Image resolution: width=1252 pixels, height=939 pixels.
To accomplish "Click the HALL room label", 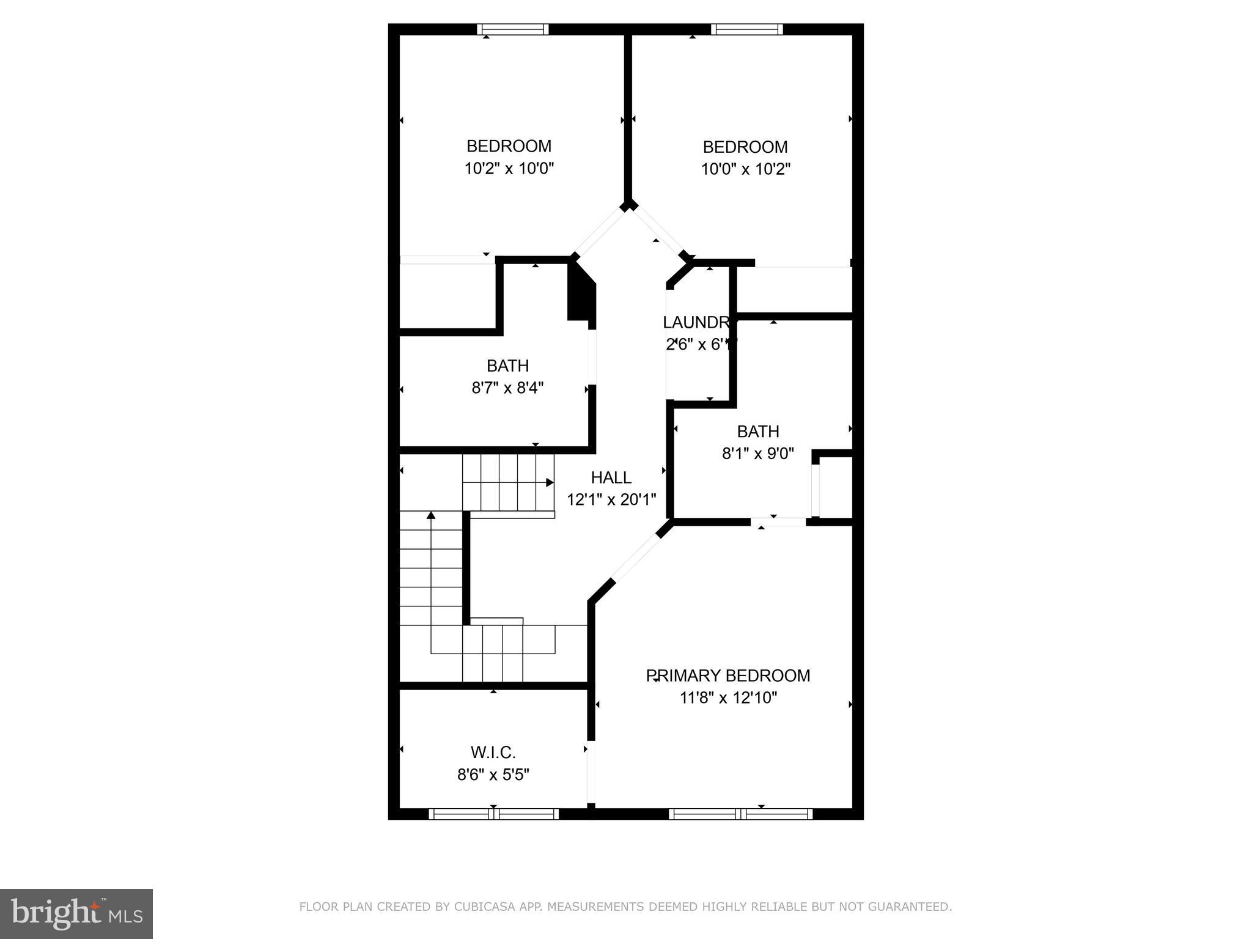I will (x=611, y=477).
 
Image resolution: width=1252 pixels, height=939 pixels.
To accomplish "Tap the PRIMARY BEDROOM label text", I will (x=728, y=676).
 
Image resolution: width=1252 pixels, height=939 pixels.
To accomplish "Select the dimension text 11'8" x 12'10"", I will (x=728, y=698).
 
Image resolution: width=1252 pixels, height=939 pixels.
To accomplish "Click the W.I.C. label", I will (x=493, y=752).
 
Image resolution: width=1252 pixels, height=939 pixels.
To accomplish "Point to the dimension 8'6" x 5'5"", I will (x=493, y=775).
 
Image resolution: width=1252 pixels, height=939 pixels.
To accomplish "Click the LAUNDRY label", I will (x=698, y=322).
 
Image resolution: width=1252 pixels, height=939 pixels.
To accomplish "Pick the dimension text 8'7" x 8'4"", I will (x=507, y=388).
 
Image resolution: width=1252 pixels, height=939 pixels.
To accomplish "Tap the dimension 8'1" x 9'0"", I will (x=757, y=454).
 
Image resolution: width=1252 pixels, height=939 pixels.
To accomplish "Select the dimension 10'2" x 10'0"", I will (x=509, y=168).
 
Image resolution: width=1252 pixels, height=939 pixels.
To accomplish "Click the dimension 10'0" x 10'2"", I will (x=745, y=169).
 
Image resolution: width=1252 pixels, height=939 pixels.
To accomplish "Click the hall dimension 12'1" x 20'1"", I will (x=611, y=499).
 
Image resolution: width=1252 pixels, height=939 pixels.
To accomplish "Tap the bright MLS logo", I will (x=76, y=914).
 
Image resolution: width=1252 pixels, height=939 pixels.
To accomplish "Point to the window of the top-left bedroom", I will (x=512, y=29).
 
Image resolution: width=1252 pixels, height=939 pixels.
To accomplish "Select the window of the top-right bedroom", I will (x=746, y=29).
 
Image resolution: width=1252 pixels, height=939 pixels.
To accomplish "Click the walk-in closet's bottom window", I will (x=493, y=814).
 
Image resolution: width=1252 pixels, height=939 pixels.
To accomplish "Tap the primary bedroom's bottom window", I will (x=740, y=814).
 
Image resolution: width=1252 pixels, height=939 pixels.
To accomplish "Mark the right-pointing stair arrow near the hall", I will (x=549, y=482).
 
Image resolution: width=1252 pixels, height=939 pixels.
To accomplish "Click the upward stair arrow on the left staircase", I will (x=431, y=515).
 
